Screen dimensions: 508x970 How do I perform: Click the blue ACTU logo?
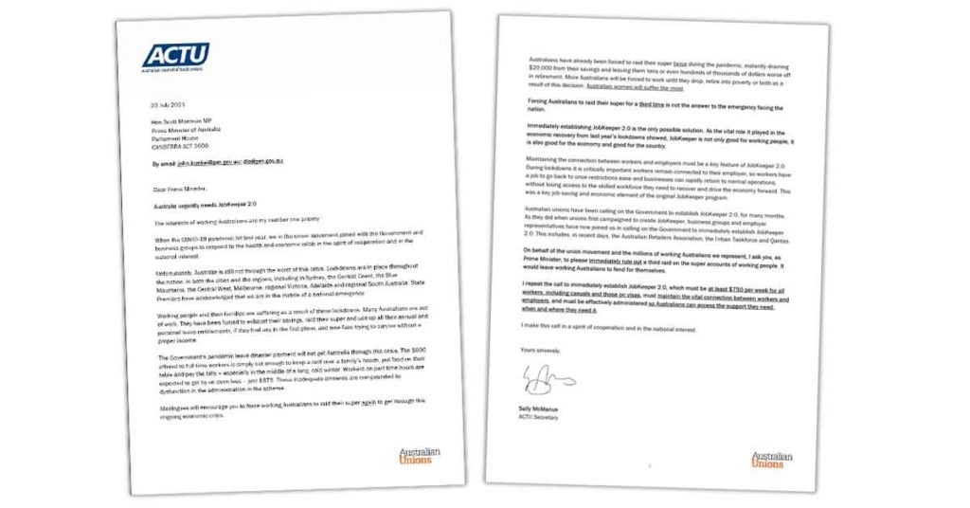click(x=175, y=56)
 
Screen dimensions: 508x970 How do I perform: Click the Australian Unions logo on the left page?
click(x=420, y=454)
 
